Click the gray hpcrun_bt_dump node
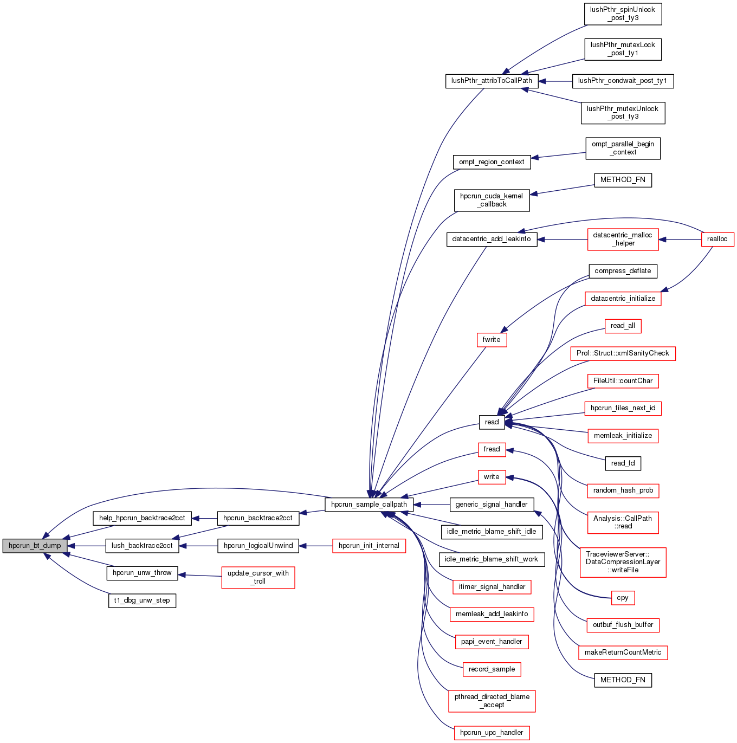coord(35,546)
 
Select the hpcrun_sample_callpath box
coord(368,505)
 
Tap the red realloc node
coord(717,239)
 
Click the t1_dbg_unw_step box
coord(142,600)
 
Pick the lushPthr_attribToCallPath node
coord(492,81)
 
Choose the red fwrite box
coord(492,340)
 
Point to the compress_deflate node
coord(623,271)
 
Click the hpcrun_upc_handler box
coord(492,733)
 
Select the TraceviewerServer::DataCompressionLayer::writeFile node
coord(623,562)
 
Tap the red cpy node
coord(623,598)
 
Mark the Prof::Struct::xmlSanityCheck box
coord(623,353)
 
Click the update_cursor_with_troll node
coord(258,577)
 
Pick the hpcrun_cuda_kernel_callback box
coord(492,200)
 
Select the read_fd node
coord(623,463)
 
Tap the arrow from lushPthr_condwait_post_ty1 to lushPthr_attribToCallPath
coord(555,81)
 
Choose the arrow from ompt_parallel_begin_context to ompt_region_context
coord(558,156)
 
